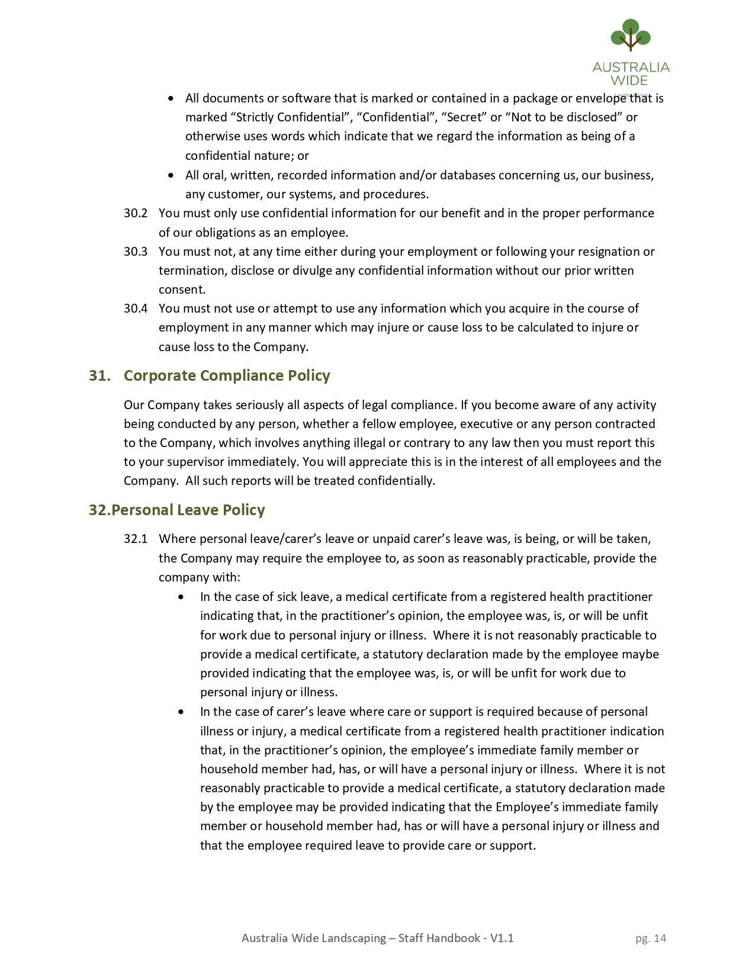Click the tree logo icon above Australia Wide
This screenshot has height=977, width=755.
tap(631, 35)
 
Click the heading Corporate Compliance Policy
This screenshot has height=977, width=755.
tap(227, 376)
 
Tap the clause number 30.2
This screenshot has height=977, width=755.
tap(136, 213)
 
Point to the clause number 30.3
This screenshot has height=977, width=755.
tap(136, 252)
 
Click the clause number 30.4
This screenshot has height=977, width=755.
tap(136, 308)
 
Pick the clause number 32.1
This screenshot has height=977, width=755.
tap(136, 539)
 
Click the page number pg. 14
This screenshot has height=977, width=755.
tap(651, 938)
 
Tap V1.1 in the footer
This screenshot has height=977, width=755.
tap(502, 938)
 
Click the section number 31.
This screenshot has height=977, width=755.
tap(99, 376)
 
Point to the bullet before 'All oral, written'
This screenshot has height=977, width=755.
tap(172, 175)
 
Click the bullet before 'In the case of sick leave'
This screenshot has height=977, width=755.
tap(181, 597)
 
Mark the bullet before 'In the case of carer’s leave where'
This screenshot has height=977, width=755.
tap(181, 712)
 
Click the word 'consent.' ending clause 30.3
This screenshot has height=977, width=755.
tap(182, 290)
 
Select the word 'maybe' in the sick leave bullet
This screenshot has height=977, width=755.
tap(642, 654)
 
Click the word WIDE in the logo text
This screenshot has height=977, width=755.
tap(629, 81)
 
